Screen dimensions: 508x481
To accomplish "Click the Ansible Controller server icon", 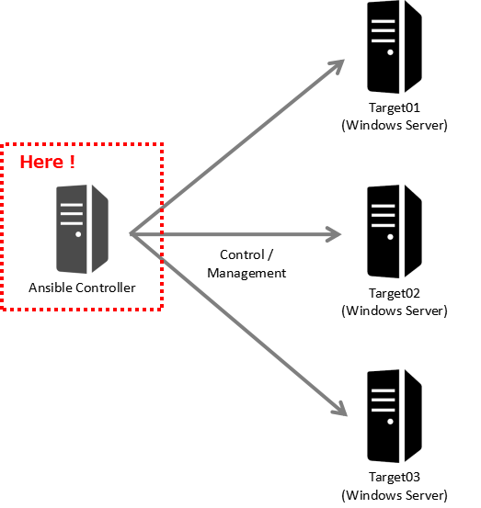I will tap(81, 228).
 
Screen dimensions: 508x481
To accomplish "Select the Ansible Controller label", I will tap(82, 288).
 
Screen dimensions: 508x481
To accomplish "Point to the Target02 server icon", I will tap(394, 231).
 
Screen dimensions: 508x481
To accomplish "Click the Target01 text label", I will tap(394, 108).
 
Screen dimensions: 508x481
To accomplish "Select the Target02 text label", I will tap(394, 293).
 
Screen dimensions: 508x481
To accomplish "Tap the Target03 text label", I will tap(394, 478).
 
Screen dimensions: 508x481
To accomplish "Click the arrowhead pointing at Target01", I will tap(338, 67).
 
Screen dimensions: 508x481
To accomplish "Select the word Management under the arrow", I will tap(246, 273).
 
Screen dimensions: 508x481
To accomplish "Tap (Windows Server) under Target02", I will tap(394, 310).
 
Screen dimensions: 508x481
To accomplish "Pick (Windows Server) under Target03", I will tap(394, 495).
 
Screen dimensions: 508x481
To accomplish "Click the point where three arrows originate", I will tap(132, 234).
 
